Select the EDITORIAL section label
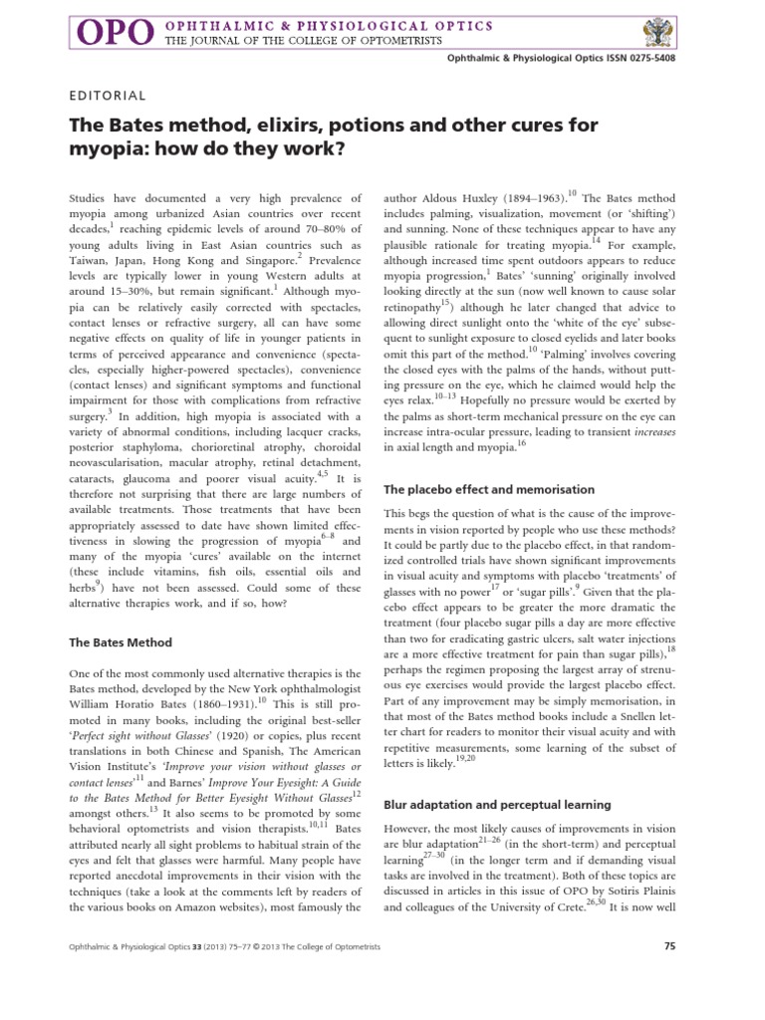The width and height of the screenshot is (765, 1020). point(108,97)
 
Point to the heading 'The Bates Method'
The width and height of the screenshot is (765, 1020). point(120,642)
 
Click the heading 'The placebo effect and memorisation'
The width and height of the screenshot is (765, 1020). point(489,490)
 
